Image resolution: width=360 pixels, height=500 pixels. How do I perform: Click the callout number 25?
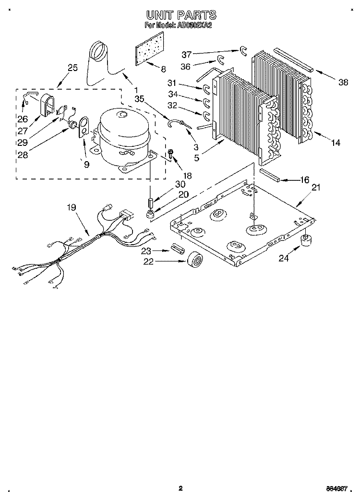tap(72, 68)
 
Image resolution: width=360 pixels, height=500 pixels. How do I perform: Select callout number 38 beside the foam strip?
tap(343, 82)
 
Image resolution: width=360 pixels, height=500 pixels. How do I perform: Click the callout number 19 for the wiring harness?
tap(71, 208)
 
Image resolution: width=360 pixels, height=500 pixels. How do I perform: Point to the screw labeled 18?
tap(170, 155)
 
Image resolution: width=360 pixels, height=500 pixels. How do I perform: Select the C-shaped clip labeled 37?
tap(242, 50)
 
